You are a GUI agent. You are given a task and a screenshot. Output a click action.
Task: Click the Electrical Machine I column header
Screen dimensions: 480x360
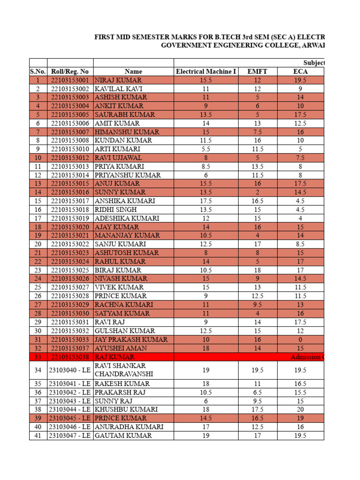click(206, 71)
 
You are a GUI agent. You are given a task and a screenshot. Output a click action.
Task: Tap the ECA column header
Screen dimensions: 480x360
click(300, 71)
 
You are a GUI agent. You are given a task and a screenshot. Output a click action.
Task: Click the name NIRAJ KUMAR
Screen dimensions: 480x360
click(114, 80)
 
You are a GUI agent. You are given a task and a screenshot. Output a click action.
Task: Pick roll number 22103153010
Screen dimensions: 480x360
click(70, 149)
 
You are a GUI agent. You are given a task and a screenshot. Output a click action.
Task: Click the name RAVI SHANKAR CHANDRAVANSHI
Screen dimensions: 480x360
click(120, 370)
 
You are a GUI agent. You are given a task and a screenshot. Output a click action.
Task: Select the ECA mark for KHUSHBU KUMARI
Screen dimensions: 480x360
click(300, 409)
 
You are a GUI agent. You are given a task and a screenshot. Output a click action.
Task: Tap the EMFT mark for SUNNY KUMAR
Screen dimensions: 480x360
click(257, 192)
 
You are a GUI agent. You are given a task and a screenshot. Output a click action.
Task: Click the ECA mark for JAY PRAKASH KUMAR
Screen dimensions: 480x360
click(300, 339)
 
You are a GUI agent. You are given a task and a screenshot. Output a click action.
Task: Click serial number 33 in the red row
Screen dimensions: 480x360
click(38, 357)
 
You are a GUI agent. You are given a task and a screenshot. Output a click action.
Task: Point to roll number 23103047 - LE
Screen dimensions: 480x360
click(70, 435)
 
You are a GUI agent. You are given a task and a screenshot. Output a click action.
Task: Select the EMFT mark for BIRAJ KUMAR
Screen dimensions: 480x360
click(257, 270)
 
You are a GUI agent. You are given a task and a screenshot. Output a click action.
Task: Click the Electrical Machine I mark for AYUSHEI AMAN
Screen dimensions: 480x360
click(206, 348)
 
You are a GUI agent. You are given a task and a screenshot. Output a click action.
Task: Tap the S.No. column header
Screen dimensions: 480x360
click(38, 71)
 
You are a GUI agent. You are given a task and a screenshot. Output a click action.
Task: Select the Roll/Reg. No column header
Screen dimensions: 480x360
click(70, 71)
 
